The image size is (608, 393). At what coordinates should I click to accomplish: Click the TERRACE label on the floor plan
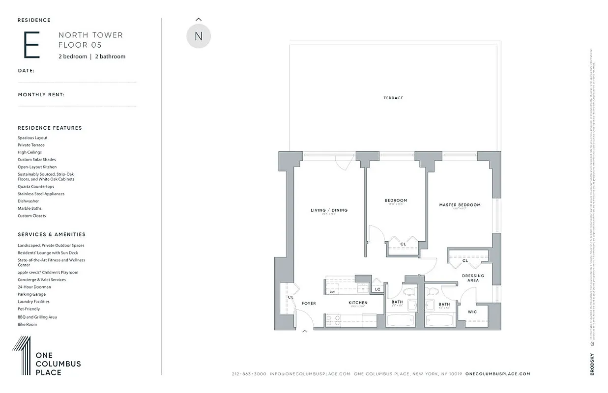tap(393, 98)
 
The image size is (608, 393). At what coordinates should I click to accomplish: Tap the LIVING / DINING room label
tap(329, 210)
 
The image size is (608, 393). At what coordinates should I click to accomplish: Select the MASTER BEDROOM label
tap(460, 205)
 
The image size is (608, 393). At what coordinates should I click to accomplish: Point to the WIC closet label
tap(472, 312)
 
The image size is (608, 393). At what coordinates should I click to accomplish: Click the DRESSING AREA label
tap(473, 278)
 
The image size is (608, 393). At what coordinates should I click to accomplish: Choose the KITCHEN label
tap(358, 303)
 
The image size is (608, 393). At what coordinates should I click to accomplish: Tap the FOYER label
tap(309, 304)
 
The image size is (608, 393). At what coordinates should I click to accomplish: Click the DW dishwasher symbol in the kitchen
tap(332, 292)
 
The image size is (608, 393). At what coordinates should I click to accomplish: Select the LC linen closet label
tap(377, 289)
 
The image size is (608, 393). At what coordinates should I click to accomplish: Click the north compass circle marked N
tap(199, 36)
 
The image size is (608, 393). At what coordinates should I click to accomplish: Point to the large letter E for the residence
tap(31, 45)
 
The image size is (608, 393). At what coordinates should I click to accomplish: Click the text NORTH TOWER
tap(90, 35)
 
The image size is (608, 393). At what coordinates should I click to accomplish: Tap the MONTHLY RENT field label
tap(41, 95)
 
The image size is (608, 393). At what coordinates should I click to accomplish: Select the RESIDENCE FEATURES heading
tap(50, 128)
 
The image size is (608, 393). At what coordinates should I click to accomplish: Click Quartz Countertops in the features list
tap(36, 187)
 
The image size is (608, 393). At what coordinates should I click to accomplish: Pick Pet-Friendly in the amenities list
tap(29, 309)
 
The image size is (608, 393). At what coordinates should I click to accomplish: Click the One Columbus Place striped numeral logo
tap(22, 356)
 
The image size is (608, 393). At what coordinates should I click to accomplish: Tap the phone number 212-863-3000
tap(249, 374)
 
